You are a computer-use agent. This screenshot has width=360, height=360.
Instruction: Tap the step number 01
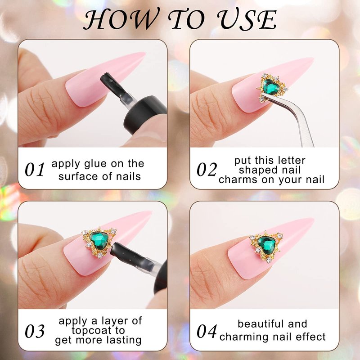[x=35, y=170]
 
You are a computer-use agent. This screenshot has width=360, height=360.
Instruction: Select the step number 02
[x=207, y=170]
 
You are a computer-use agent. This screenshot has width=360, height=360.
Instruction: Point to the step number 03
[x=35, y=331]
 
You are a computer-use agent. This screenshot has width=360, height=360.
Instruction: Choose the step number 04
[x=207, y=331]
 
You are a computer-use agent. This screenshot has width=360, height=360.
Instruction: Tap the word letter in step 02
[x=291, y=161]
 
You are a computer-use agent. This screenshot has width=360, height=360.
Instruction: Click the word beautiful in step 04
[x=261, y=324]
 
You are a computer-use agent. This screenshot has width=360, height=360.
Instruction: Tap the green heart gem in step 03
[x=99, y=241]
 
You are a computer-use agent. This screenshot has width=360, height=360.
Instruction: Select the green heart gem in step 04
[x=266, y=245]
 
